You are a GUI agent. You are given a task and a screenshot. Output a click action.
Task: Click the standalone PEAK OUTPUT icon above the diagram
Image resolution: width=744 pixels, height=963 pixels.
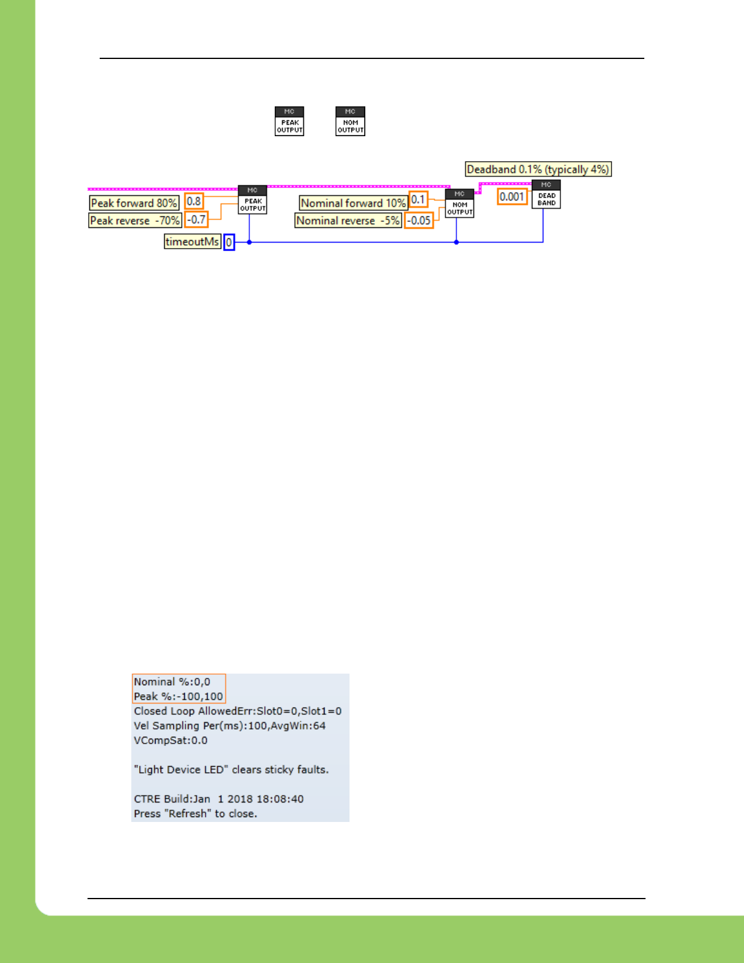tap(289, 121)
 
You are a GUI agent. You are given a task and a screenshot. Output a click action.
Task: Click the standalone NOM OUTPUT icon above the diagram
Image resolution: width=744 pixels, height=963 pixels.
tap(350, 121)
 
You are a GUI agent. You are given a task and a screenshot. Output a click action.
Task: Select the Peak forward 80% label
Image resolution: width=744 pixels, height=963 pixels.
tap(134, 203)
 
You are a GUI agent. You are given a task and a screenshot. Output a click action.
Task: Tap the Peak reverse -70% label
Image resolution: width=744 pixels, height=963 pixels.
tap(135, 221)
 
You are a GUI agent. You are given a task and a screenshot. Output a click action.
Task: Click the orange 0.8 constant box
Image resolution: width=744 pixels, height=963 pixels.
tap(194, 201)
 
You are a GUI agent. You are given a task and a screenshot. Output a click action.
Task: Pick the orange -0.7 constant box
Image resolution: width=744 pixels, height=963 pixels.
tap(196, 219)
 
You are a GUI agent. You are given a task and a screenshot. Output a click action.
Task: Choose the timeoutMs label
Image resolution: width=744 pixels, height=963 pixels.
tap(192, 242)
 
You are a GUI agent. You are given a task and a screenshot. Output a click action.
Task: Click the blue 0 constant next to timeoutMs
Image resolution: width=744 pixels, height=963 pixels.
tap(229, 243)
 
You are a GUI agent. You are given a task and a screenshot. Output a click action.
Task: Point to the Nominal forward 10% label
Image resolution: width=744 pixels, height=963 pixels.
tap(353, 203)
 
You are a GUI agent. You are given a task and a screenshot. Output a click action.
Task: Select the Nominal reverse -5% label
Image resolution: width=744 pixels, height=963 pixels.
tap(348, 221)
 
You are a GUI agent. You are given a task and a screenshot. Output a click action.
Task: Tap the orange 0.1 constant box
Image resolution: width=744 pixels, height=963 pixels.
tap(418, 199)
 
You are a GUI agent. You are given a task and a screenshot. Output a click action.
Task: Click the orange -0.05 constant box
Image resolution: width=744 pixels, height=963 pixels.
tap(419, 221)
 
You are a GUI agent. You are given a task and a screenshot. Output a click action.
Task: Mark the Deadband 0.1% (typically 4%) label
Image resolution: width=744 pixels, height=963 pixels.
tap(538, 170)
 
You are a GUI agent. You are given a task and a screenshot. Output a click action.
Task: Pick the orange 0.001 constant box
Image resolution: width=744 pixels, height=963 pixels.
tap(512, 197)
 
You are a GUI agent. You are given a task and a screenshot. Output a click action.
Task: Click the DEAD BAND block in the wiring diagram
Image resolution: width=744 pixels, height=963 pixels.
tap(546, 195)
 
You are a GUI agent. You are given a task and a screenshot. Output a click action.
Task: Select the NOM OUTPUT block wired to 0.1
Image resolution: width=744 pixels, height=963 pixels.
tap(460, 203)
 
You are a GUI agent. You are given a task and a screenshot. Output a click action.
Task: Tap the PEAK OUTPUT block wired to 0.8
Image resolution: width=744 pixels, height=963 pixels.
tap(252, 199)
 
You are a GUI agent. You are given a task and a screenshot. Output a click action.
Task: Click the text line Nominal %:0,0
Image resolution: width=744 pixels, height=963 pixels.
tap(172, 682)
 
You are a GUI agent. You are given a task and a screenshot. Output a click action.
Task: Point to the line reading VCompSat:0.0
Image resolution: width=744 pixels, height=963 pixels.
tap(171, 740)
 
